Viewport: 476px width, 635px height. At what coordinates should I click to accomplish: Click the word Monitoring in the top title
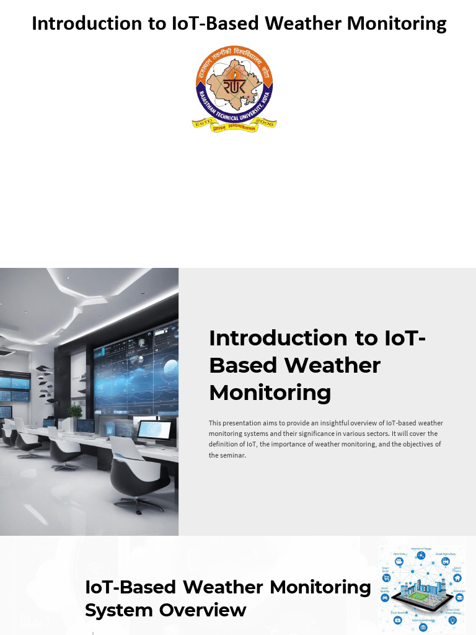[397, 24]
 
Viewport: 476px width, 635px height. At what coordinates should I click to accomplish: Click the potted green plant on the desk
[75, 411]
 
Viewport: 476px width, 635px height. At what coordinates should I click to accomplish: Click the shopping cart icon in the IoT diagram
[386, 578]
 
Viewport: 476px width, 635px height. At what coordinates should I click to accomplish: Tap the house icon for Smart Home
[457, 578]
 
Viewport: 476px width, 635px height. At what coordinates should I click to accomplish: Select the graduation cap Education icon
[459, 597]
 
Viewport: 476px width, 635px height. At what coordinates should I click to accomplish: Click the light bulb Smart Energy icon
[452, 619]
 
